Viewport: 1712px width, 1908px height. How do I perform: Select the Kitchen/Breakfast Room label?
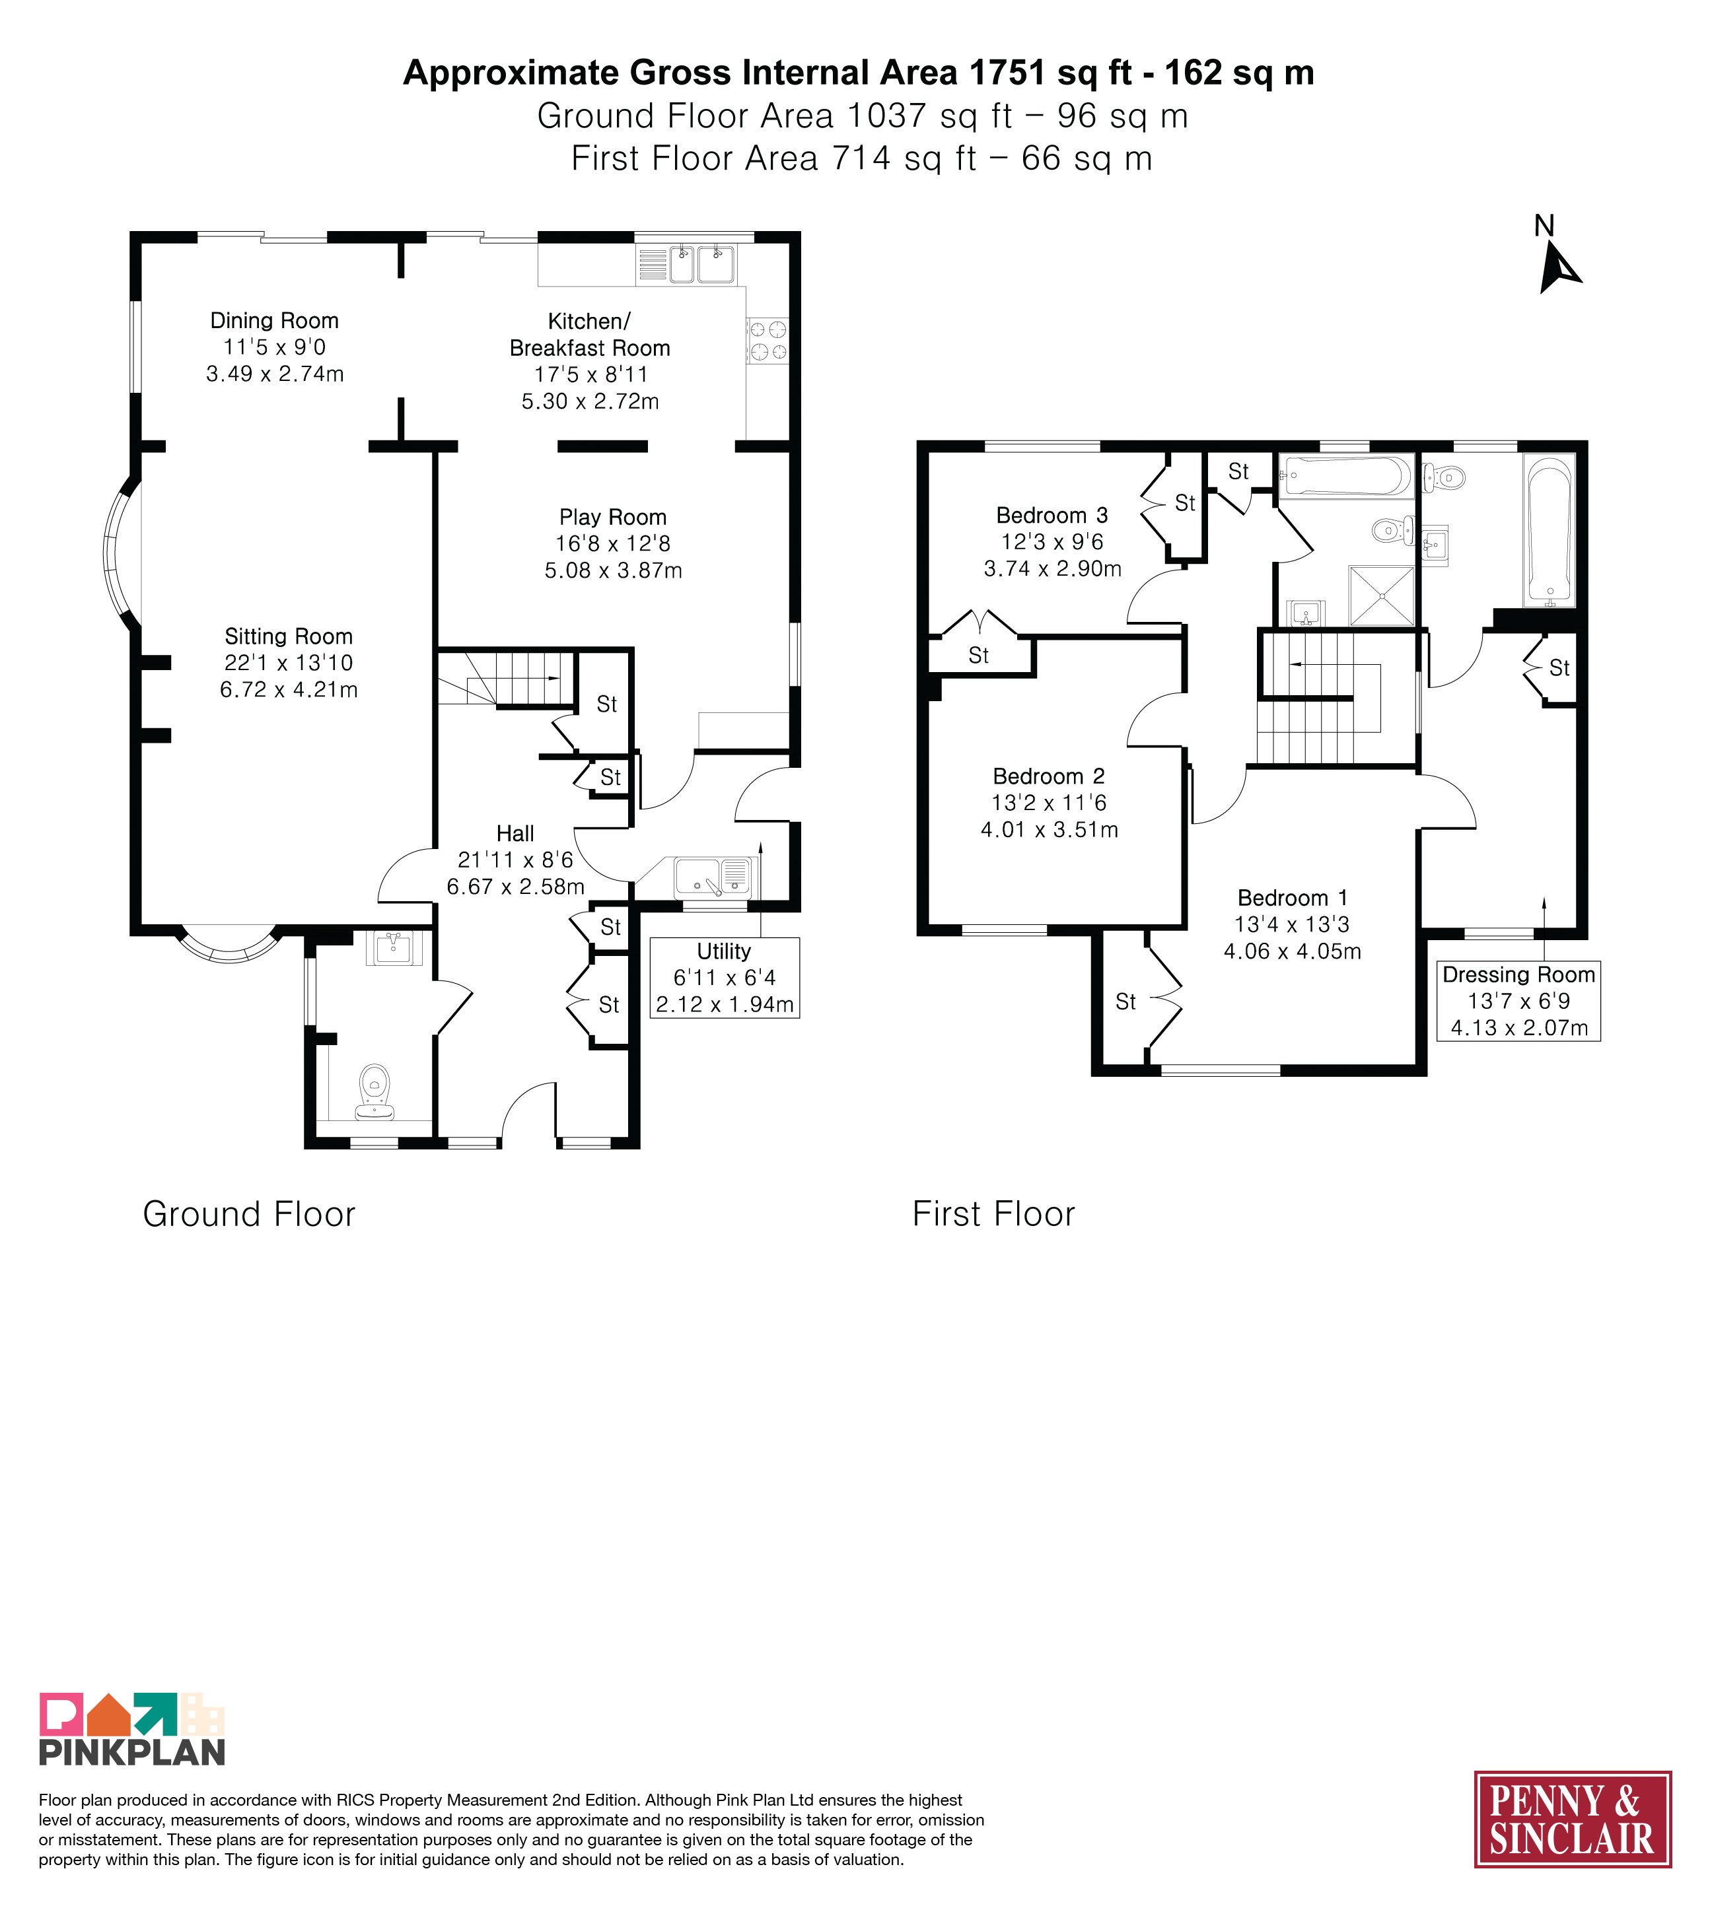(x=590, y=335)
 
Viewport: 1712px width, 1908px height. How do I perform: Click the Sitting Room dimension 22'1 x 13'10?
(x=289, y=663)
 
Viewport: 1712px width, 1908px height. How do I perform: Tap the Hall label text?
(x=515, y=833)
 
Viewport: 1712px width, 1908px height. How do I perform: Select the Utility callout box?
(x=725, y=978)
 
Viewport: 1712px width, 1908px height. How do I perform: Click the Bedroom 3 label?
(x=1052, y=516)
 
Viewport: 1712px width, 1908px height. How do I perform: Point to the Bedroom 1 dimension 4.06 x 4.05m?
(x=1293, y=951)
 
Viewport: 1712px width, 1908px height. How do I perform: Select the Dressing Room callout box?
(x=1518, y=1001)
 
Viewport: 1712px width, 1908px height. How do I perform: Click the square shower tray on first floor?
(x=1381, y=596)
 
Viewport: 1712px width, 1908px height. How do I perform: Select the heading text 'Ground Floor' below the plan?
(x=249, y=1214)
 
